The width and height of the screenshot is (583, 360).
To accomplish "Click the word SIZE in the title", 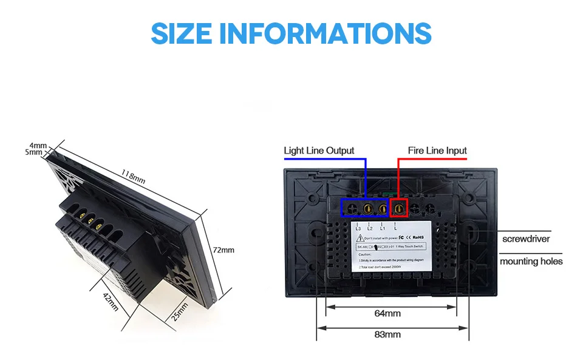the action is pyautogui.click(x=182, y=33).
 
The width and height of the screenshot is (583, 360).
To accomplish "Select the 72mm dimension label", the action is pyautogui.click(x=223, y=250).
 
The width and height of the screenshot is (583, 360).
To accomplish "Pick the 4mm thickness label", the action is pyautogui.click(x=38, y=145).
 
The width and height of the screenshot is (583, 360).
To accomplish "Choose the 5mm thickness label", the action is pyautogui.click(x=35, y=152).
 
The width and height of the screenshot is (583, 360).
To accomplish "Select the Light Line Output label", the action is pyautogui.click(x=319, y=151).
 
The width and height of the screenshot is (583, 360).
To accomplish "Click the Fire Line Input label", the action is pyautogui.click(x=437, y=151).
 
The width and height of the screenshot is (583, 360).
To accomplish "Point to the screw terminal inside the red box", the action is pyautogui.click(x=400, y=209).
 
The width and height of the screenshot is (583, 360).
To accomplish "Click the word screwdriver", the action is pyautogui.click(x=526, y=239).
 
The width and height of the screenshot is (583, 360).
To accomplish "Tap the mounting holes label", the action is pyautogui.click(x=531, y=262).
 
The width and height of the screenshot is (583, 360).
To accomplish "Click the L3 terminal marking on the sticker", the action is pyautogui.click(x=358, y=228).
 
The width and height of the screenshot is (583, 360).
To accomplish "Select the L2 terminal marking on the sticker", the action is pyautogui.click(x=370, y=228).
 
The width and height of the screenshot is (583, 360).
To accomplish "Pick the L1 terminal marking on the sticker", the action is pyautogui.click(x=383, y=228).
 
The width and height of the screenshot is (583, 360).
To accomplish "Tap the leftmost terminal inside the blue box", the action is pyautogui.click(x=352, y=209).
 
